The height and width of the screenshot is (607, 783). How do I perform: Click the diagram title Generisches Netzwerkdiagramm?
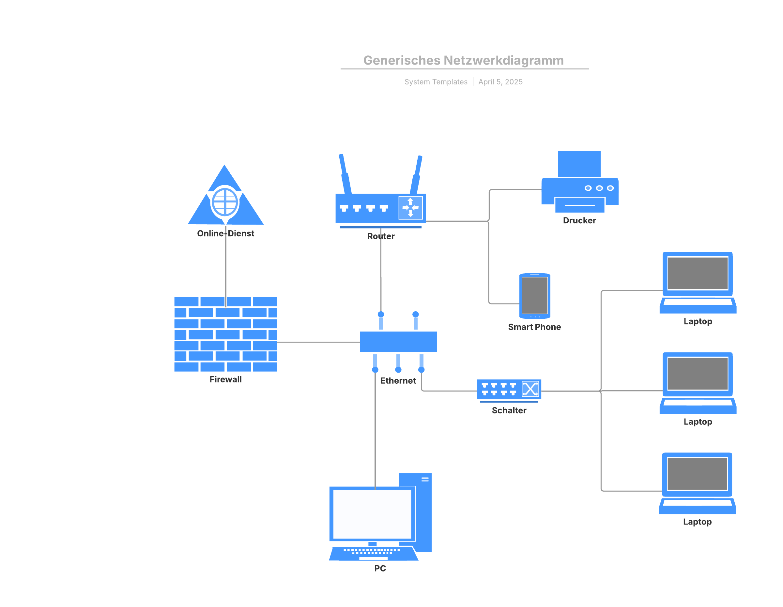click(463, 60)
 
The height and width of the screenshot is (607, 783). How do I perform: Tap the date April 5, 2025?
click(500, 82)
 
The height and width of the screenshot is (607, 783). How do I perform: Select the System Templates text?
click(436, 82)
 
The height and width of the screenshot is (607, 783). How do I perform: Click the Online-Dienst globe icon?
click(225, 202)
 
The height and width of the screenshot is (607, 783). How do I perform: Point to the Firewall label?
click(225, 379)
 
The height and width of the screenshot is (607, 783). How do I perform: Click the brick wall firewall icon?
click(225, 334)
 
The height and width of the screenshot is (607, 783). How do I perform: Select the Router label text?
click(381, 236)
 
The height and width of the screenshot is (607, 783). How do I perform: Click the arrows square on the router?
click(410, 207)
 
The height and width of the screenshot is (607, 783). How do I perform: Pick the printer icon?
click(579, 183)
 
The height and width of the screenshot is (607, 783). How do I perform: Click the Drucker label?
click(579, 220)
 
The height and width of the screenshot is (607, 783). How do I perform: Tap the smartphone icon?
click(534, 296)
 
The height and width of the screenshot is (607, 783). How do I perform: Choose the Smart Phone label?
click(534, 327)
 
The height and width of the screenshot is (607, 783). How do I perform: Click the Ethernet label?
click(398, 380)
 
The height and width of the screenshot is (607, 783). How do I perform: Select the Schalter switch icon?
click(509, 389)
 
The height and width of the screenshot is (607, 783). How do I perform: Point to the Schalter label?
click(509, 410)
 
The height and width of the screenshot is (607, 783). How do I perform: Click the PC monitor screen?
click(372, 514)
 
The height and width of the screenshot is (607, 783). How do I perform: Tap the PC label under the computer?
click(380, 568)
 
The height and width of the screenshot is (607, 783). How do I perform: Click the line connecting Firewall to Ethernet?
click(318, 342)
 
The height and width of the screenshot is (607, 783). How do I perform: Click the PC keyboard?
click(373, 553)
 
